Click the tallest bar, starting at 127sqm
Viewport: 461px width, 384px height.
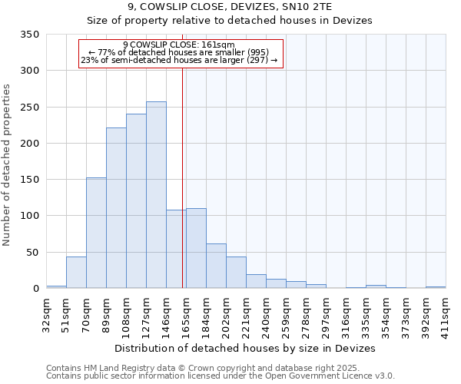pos(156,195)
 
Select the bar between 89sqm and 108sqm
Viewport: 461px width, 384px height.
pos(116,208)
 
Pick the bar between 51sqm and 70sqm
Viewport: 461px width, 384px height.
pos(76,273)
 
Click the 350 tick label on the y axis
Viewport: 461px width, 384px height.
pos(29,35)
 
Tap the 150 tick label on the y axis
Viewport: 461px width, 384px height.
pos(29,180)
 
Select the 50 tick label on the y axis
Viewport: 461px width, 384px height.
pos(32,252)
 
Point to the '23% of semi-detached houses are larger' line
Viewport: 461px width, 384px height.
pos(179,60)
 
